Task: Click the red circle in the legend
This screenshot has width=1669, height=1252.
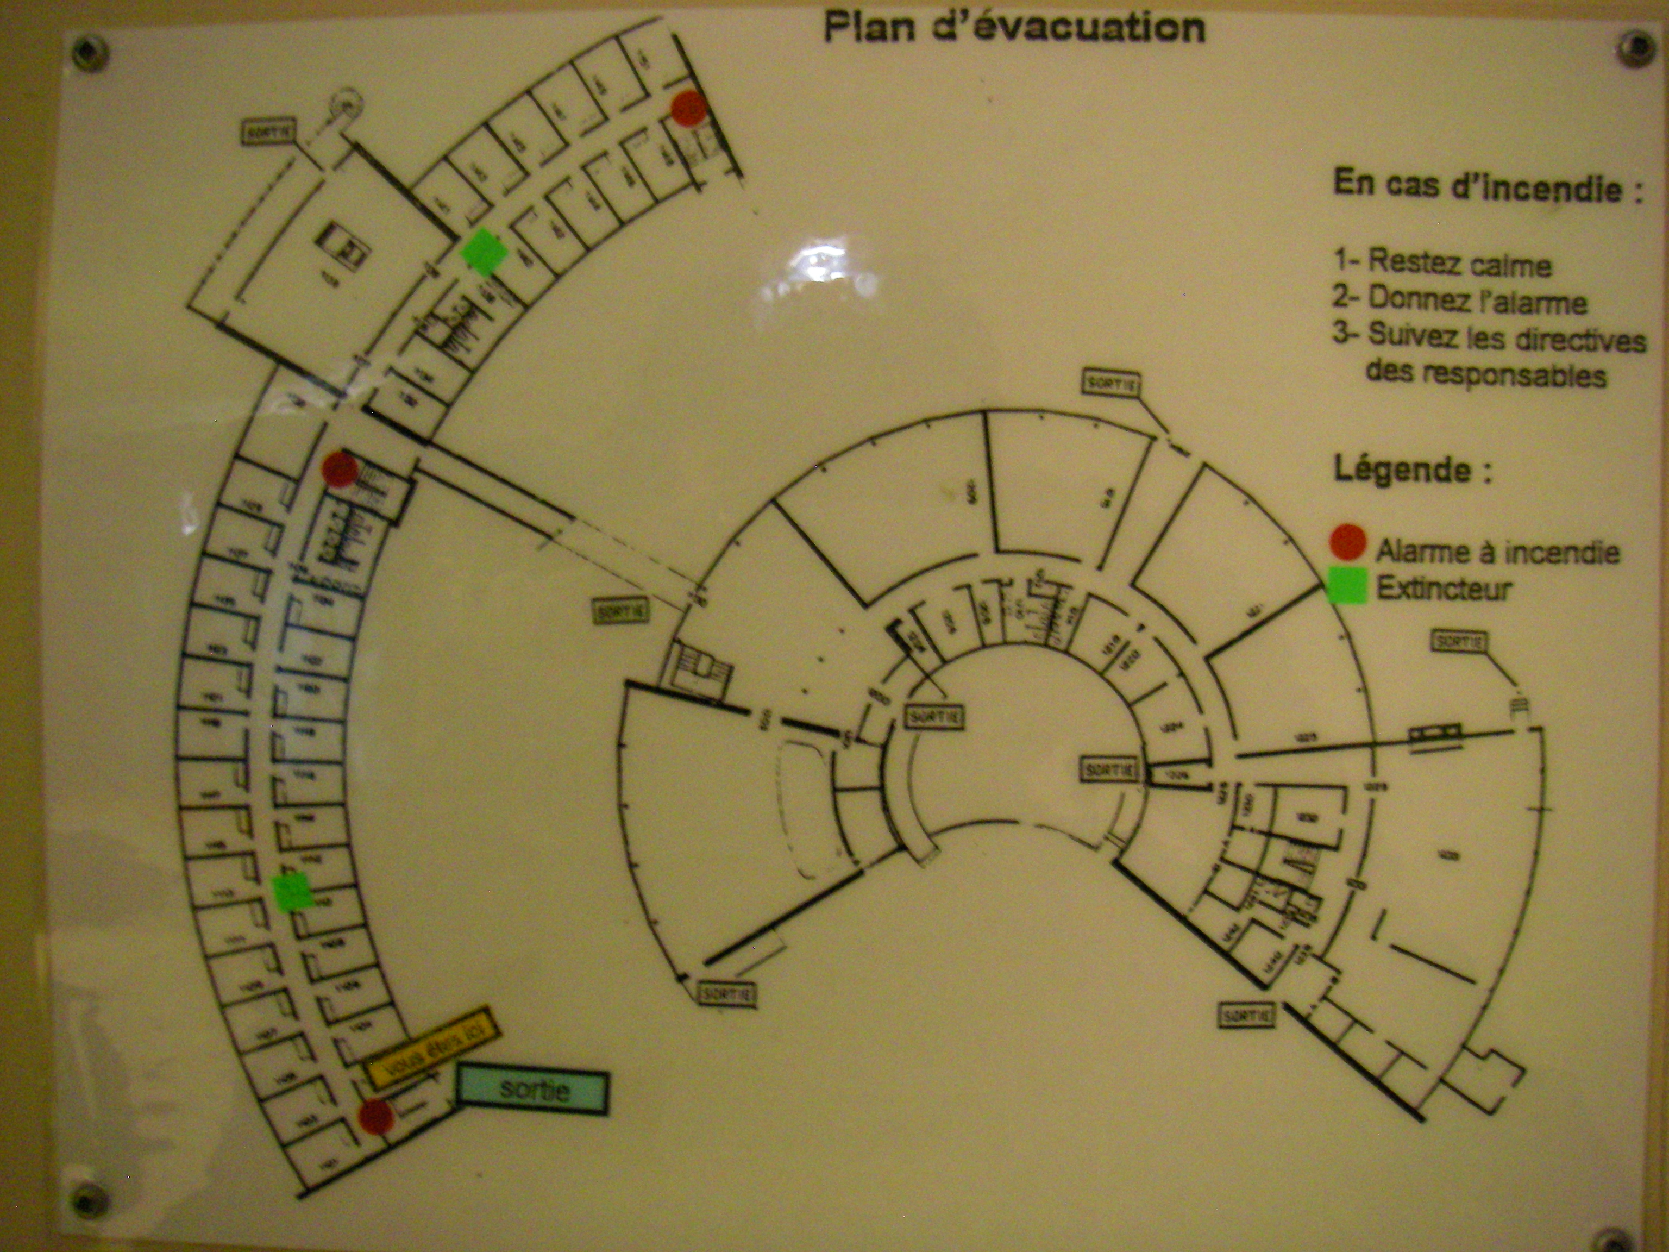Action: (1347, 542)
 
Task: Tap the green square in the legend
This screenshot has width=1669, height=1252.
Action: (1347, 586)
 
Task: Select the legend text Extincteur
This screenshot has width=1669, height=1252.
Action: (1444, 588)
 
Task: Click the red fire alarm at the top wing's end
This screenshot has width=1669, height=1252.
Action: (688, 109)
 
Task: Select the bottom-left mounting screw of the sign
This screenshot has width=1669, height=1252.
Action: (87, 1199)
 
